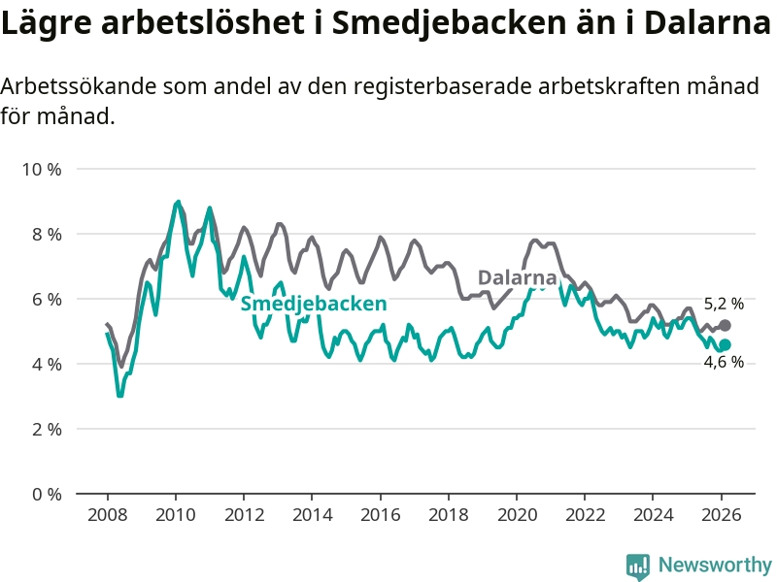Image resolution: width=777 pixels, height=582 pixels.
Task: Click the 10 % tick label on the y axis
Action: [x=41, y=170]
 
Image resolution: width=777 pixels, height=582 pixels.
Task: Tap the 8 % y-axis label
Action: [x=45, y=235]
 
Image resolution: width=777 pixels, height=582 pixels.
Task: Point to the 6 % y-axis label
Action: [x=45, y=300]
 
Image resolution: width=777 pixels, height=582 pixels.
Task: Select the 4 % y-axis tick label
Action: [x=45, y=364]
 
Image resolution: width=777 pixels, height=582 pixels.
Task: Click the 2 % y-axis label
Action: [x=45, y=429]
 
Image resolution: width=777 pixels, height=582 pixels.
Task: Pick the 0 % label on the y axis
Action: [x=45, y=494]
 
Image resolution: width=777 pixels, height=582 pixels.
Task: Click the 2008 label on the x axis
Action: [x=107, y=514]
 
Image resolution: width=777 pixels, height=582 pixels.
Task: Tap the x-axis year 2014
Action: [x=312, y=514]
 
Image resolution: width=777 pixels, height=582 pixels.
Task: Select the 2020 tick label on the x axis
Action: [x=517, y=514]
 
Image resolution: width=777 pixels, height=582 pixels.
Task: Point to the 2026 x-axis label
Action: [x=722, y=514]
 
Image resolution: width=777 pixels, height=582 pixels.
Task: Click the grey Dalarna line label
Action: [x=517, y=277]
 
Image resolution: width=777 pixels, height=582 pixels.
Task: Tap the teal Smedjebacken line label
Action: [x=314, y=305]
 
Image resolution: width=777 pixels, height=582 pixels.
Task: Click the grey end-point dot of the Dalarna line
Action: [x=725, y=325]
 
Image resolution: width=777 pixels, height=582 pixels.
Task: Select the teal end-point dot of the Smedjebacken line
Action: [x=725, y=344]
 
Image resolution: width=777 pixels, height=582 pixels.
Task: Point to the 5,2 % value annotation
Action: [x=724, y=304]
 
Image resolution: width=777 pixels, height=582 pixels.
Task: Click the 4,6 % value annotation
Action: [x=724, y=363]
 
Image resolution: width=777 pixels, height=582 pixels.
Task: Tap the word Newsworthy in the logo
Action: [x=715, y=565]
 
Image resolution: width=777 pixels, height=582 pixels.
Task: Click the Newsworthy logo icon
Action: [x=638, y=566]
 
